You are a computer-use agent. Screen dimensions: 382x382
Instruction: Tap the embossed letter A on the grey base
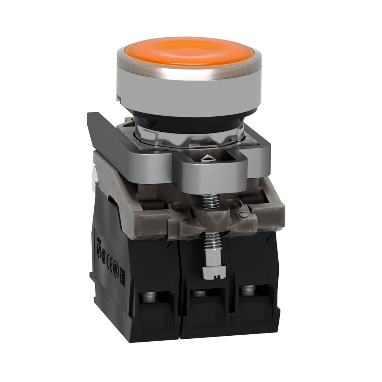click(x=182, y=216)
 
